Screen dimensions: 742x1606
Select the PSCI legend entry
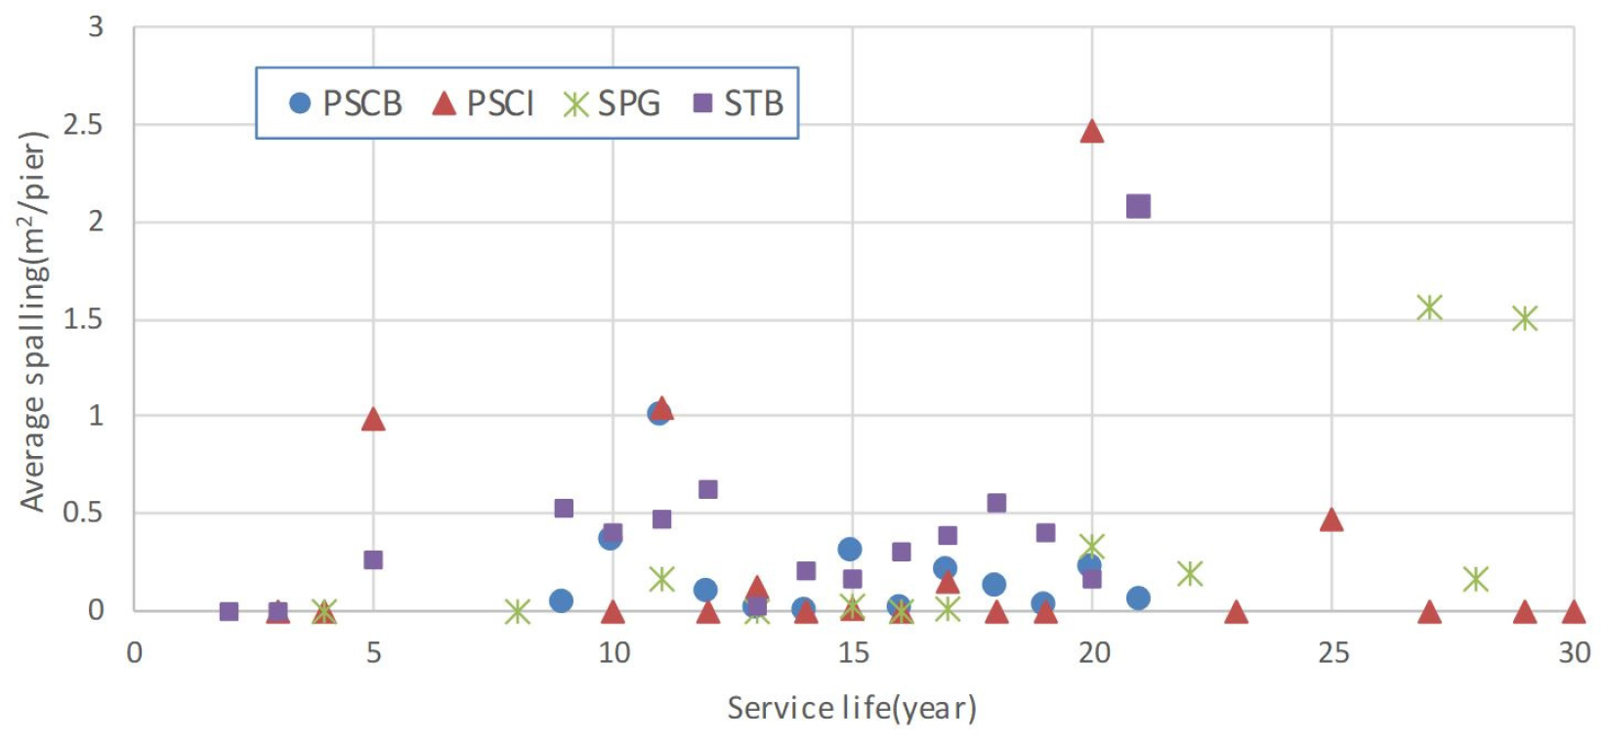pyautogui.click(x=484, y=103)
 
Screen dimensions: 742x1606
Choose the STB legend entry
pyautogui.click(x=739, y=103)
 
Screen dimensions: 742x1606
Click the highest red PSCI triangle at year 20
pyautogui.click(x=1092, y=132)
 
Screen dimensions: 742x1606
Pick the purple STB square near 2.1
pyautogui.click(x=1138, y=206)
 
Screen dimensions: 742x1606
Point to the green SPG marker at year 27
pyautogui.click(x=1429, y=308)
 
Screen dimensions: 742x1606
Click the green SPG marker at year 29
pyautogui.click(x=1525, y=318)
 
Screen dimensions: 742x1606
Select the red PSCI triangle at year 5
pyautogui.click(x=373, y=420)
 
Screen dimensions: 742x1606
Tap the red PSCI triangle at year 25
pyautogui.click(x=1331, y=519)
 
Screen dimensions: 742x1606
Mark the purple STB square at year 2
pyautogui.click(x=229, y=611)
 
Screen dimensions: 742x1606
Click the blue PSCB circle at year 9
pyautogui.click(x=561, y=600)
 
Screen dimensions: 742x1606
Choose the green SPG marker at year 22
pyautogui.click(x=1189, y=573)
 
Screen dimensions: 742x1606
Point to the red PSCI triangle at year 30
pyautogui.click(x=1573, y=612)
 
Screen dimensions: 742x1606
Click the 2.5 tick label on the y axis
pyautogui.click(x=83, y=125)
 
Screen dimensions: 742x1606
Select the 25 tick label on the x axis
pyautogui.click(x=1332, y=652)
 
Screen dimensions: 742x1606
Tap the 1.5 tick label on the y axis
pyautogui.click(x=83, y=319)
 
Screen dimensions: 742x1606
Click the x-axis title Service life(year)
pyautogui.click(x=852, y=708)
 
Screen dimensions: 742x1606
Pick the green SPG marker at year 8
pyautogui.click(x=518, y=612)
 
